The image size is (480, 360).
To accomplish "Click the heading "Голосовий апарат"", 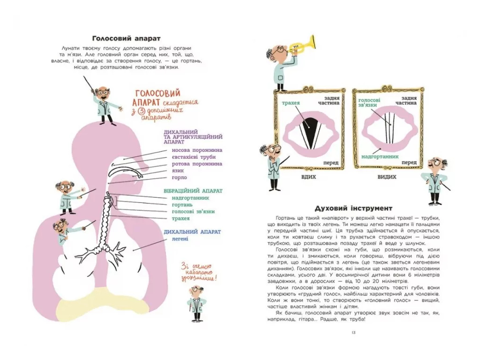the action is tap(126, 38).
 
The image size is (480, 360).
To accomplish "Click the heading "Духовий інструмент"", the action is tap(353, 209).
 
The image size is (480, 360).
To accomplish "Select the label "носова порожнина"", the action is tap(197, 150).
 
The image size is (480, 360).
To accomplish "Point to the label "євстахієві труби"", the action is tap(194, 157).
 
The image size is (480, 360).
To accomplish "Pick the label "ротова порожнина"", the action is tap(197, 164).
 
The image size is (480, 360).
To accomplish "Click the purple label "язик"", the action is tap(178, 171).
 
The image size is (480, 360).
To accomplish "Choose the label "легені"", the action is tap(180, 239).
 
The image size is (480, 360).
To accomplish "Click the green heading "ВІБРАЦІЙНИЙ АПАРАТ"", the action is tap(193, 191).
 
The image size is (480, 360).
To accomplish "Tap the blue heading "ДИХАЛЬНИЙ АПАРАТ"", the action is tap(192, 232).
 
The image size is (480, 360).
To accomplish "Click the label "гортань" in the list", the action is tap(182, 205).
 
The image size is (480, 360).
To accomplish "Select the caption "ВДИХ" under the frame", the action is tap(308, 177).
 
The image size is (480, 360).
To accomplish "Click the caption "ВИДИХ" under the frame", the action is tap(387, 177).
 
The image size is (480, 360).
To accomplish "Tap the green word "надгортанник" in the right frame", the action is tap(380, 157).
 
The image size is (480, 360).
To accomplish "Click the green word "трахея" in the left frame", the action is tap(291, 103).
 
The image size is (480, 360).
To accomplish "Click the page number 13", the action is tap(353, 332).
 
